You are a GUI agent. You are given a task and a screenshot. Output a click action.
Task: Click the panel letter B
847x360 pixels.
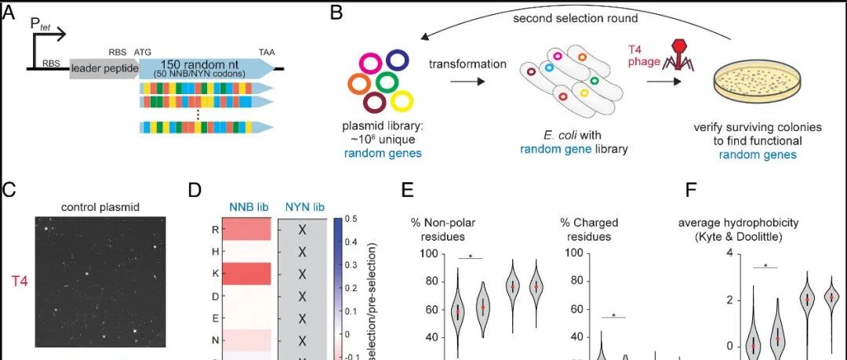coord(336,13)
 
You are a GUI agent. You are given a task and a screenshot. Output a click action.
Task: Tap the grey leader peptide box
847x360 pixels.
coord(104,69)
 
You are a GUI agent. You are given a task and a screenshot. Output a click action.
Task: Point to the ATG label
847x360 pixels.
coord(143,51)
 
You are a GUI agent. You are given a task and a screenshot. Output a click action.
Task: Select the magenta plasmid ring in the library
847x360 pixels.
coord(371,61)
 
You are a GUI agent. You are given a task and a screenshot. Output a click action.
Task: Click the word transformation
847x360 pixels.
coord(467,64)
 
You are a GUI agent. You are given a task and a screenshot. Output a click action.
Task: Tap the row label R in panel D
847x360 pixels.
coord(214,230)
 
